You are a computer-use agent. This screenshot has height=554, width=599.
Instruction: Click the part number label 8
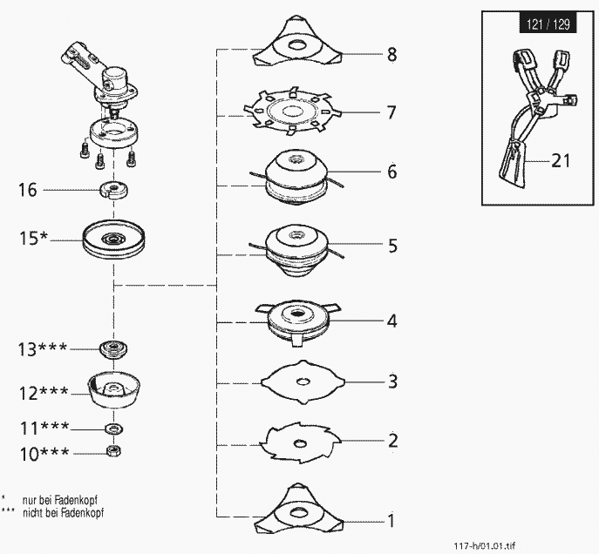391,55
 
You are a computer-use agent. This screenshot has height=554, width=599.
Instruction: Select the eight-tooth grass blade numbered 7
291,111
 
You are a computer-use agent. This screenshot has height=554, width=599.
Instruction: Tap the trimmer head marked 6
293,178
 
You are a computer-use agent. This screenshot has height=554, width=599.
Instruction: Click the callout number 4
391,321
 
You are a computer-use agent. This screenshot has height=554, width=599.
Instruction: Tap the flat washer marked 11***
112,429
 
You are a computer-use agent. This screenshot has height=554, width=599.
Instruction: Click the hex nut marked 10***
112,451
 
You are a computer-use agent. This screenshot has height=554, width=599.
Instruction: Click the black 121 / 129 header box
547,24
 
